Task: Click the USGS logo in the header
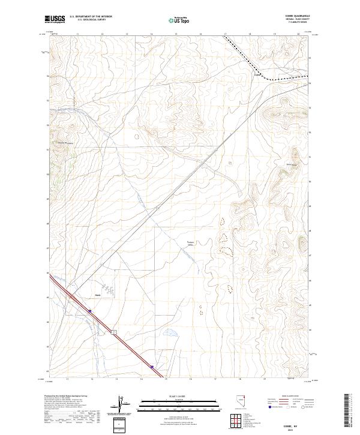(x=55, y=20)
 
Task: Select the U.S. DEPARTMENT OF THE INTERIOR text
(x=91, y=17)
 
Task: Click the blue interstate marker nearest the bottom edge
(x=152, y=368)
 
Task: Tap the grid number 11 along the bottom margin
(x=68, y=379)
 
